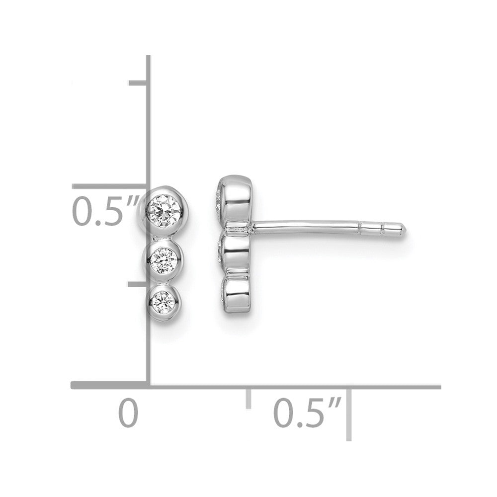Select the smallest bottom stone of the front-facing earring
tap(163, 301)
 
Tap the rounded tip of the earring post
tap(402, 228)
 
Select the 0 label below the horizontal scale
tap(128, 414)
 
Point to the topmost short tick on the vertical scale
tap(138, 83)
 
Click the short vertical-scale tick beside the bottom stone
tap(138, 284)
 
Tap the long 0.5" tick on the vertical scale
tap(109, 186)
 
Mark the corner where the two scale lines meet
tap(148, 385)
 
